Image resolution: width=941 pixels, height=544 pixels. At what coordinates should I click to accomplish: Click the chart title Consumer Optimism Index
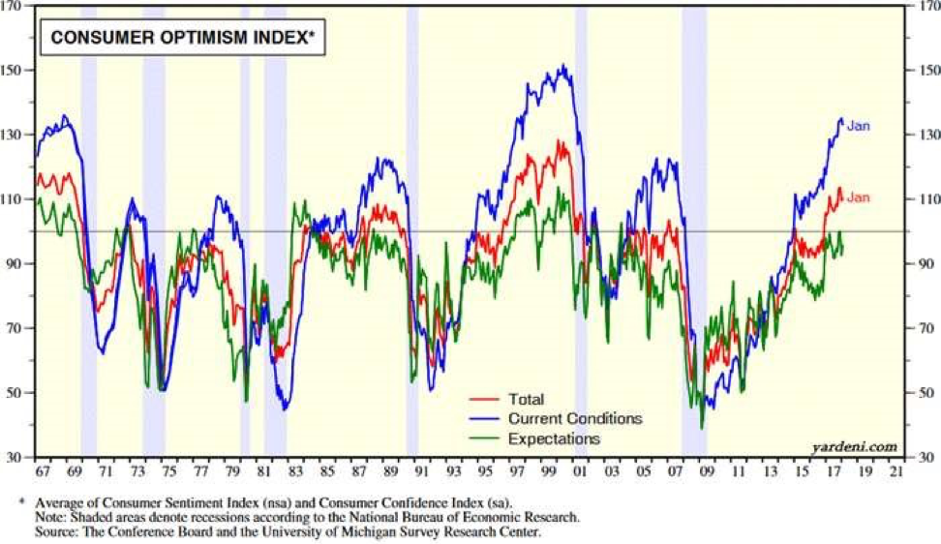coord(181,39)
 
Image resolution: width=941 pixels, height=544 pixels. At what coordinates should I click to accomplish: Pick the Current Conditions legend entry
coord(574,418)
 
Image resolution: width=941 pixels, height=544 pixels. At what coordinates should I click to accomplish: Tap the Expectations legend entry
coord(552,438)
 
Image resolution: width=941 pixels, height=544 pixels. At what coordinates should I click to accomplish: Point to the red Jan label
coord(858,197)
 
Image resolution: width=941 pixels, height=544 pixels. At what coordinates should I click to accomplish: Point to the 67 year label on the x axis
coord(42,472)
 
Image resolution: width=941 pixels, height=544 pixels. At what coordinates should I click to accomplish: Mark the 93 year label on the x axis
coord(453,472)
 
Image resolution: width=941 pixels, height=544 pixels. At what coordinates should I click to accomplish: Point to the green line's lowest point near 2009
coord(702,427)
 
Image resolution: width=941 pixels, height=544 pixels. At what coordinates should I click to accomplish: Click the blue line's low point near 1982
coord(285,409)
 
